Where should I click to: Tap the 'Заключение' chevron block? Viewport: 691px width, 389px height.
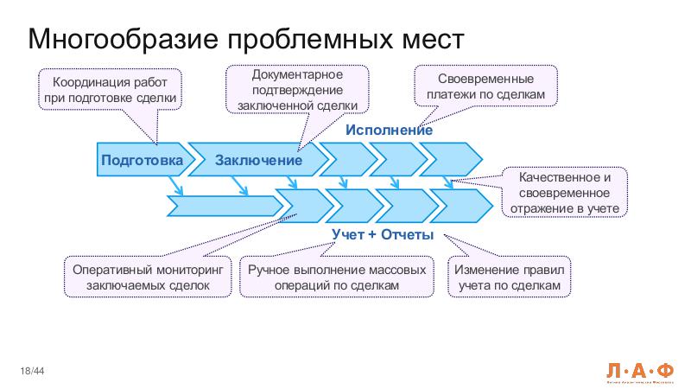(258, 161)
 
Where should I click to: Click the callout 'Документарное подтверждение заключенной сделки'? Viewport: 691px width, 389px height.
(297, 90)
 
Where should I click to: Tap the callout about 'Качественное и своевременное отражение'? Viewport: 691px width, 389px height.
(563, 192)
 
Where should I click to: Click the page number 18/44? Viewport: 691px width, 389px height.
(33, 371)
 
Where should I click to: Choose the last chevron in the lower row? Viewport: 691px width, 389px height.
(462, 206)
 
